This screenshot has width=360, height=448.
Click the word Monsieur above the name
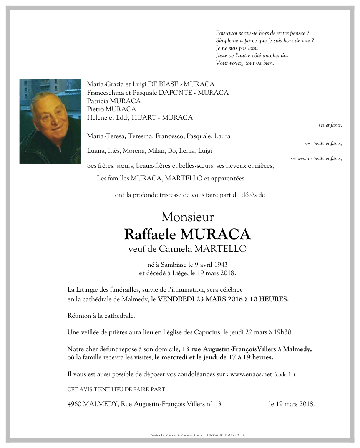pos(187,217)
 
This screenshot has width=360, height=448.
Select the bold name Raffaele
pos(150,234)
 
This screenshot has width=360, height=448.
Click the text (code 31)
pos(285,374)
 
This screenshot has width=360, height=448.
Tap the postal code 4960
pos(75,404)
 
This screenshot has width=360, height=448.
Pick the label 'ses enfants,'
pos(330,125)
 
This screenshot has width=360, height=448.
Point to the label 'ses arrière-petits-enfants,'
pos(316,159)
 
